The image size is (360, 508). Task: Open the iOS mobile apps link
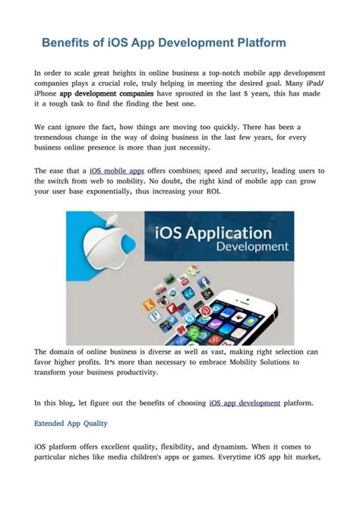pyautogui.click(x=117, y=172)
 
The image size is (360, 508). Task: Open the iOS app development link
pyautogui.click(x=245, y=402)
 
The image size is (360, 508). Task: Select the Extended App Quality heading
pyautogui.click(x=71, y=423)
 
